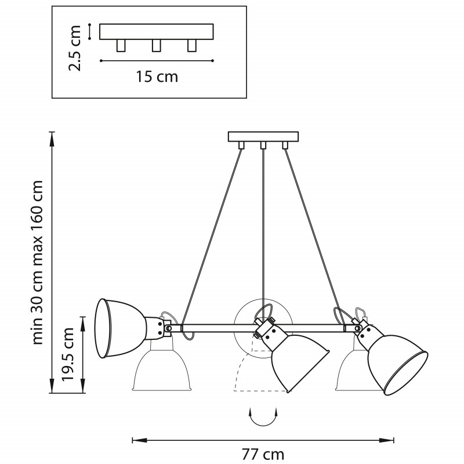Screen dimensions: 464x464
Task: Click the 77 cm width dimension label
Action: click(x=263, y=455)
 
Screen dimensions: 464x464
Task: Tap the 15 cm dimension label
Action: click(x=157, y=77)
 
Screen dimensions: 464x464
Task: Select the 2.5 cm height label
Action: click(x=75, y=48)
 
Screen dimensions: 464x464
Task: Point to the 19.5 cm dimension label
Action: click(x=67, y=354)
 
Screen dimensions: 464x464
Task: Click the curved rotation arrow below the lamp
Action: click(x=263, y=418)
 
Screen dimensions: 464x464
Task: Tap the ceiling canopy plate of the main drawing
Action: click(x=263, y=136)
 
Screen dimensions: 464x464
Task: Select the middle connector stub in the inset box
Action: click(x=156, y=46)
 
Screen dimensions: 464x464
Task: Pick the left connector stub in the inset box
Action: click(x=121, y=46)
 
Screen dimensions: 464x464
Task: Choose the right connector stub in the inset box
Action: click(x=192, y=46)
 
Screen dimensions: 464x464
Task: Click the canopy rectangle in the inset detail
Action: click(x=157, y=32)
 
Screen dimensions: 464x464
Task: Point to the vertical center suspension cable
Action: click(x=263, y=231)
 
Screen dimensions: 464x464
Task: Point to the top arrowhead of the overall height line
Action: click(x=52, y=139)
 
